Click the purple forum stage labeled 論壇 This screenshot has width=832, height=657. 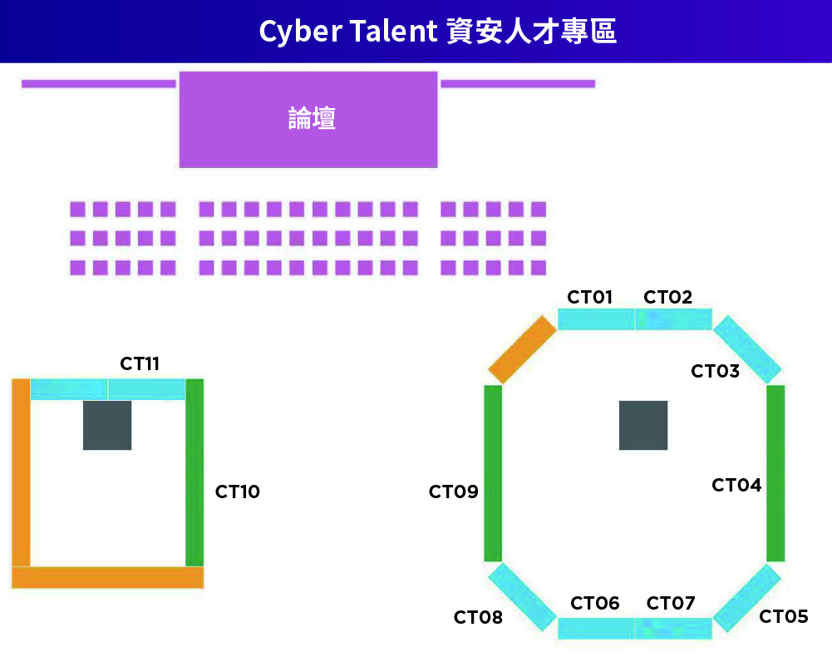(308, 119)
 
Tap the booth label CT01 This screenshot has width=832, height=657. (589, 297)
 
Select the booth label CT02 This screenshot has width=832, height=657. (667, 297)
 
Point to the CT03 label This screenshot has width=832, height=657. (715, 371)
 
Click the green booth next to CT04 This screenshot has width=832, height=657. (775, 472)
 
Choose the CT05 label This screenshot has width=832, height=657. (783, 616)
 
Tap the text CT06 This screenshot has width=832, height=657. (594, 603)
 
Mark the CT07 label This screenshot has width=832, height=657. (670, 603)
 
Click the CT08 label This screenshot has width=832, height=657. (478, 617)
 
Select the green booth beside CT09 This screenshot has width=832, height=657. (493, 472)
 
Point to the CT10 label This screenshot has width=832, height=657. (238, 492)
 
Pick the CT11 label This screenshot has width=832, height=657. (140, 363)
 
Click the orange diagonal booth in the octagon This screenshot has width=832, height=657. (522, 349)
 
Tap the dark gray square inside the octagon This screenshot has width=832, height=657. (643, 425)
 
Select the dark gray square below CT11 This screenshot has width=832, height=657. (107, 425)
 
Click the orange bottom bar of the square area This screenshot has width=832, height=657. (107, 577)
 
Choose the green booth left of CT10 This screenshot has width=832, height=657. (194, 472)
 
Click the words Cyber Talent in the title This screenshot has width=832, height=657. (347, 32)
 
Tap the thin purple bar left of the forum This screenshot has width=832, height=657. (98, 83)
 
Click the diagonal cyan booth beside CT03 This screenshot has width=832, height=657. (748, 349)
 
